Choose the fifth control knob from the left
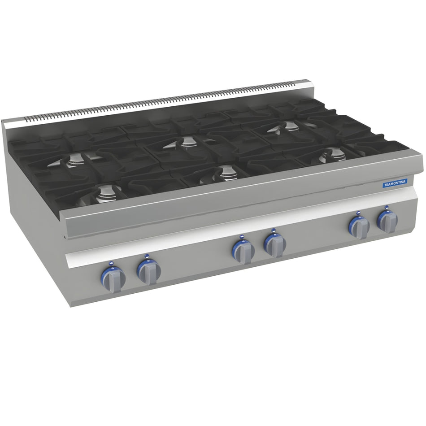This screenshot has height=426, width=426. (x=359, y=227)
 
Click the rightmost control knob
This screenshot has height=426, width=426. (x=387, y=221)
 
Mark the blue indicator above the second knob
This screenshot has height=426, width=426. (x=146, y=256)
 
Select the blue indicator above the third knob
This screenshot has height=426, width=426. (x=242, y=237)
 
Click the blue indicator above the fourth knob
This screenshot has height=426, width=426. (x=273, y=230)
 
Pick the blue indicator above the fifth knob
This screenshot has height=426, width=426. (x=357, y=213)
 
